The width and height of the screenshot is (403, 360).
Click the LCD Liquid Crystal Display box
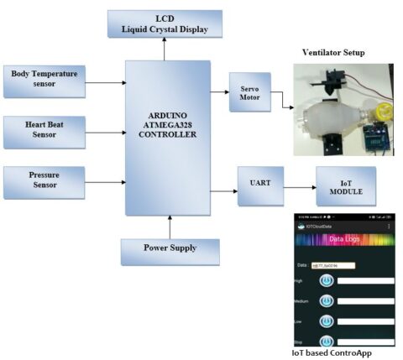pos(165,23)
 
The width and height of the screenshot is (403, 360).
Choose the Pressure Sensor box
pos(44,182)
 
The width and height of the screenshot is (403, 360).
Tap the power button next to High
pos(326,280)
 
